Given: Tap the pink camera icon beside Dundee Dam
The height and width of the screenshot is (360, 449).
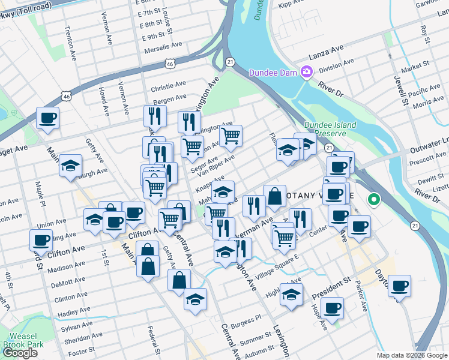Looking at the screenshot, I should pos(307,73).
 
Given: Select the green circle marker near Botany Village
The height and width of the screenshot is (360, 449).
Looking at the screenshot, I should pos(375,200).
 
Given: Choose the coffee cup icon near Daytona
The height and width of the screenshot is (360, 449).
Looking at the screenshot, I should pos(399,286).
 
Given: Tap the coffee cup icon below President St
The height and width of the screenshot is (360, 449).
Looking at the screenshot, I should pos(332,308).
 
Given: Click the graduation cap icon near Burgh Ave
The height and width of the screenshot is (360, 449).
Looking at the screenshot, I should pos(71,166).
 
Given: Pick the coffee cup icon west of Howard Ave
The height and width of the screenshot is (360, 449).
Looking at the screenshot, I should pos(47,118).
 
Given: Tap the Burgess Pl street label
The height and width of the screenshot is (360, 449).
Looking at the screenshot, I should pos(248,318).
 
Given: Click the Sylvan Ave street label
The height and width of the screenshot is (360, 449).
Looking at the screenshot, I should pos(75,327).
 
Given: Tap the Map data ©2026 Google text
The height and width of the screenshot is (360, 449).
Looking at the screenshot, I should pos(412,355).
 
